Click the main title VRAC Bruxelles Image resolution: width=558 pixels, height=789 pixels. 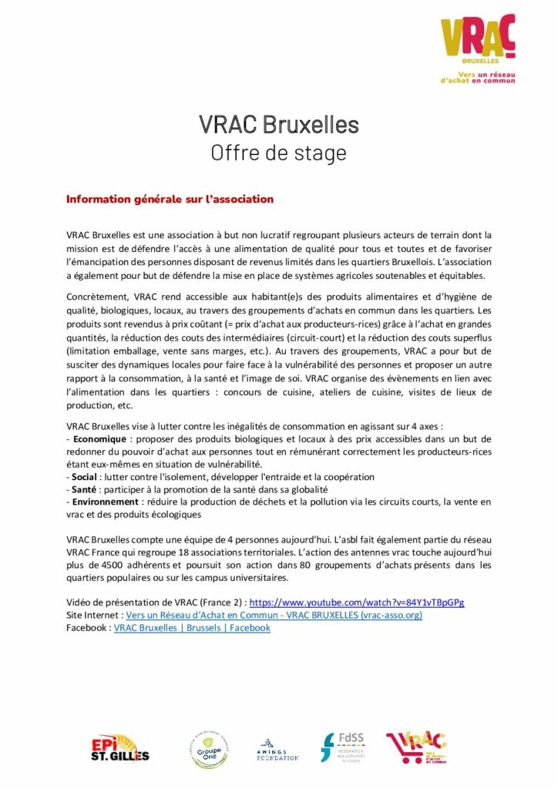pyautogui.click(x=278, y=124)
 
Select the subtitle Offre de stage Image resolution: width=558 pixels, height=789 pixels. pyautogui.click(x=278, y=153)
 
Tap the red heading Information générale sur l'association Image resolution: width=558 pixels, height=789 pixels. pyautogui.click(x=170, y=199)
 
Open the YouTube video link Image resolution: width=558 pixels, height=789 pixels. pyautogui.click(x=357, y=602)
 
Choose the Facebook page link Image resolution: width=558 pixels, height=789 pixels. pyautogui.click(x=192, y=628)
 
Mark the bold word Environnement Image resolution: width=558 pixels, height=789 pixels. pyautogui.click(x=105, y=502)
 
